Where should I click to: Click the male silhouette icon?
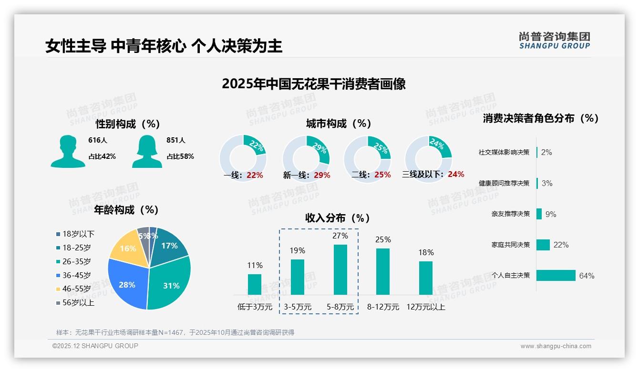[68, 152]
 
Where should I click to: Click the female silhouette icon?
[147, 152]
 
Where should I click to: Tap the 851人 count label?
[175, 141]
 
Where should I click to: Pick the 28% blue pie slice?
[127, 284]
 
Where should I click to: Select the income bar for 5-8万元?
[340, 269]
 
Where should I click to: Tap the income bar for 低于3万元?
[255, 284]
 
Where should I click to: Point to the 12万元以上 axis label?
[426, 307]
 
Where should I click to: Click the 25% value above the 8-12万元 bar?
[383, 239]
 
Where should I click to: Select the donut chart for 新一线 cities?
[306, 159]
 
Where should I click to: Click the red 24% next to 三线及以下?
[456, 175]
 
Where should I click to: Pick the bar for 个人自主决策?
[556, 276]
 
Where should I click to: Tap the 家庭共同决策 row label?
[510, 245]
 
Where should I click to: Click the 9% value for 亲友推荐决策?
[551, 214]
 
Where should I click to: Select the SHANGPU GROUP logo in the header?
[554, 41]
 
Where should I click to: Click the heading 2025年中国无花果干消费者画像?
[313, 84]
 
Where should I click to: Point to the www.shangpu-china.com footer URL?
[556, 346]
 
